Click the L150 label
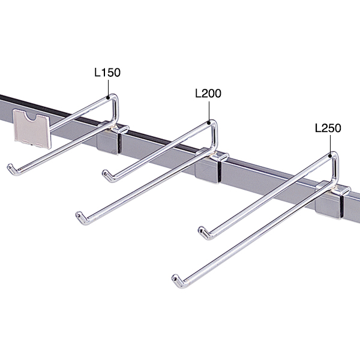pos(107,73)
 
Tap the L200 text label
pos(208,94)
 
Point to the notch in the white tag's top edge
pos(29,115)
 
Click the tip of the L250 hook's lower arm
pos(175,278)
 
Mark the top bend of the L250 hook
pos(334,156)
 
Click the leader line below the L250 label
pos(330,144)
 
